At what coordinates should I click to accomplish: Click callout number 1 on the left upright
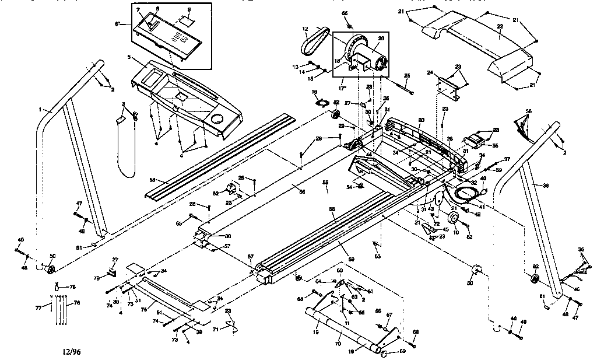click(41, 109)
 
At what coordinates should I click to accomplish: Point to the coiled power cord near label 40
click(465, 193)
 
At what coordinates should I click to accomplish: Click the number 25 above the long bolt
click(406, 75)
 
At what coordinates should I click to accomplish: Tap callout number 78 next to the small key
click(73, 287)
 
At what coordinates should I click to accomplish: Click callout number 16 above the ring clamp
click(315, 92)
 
